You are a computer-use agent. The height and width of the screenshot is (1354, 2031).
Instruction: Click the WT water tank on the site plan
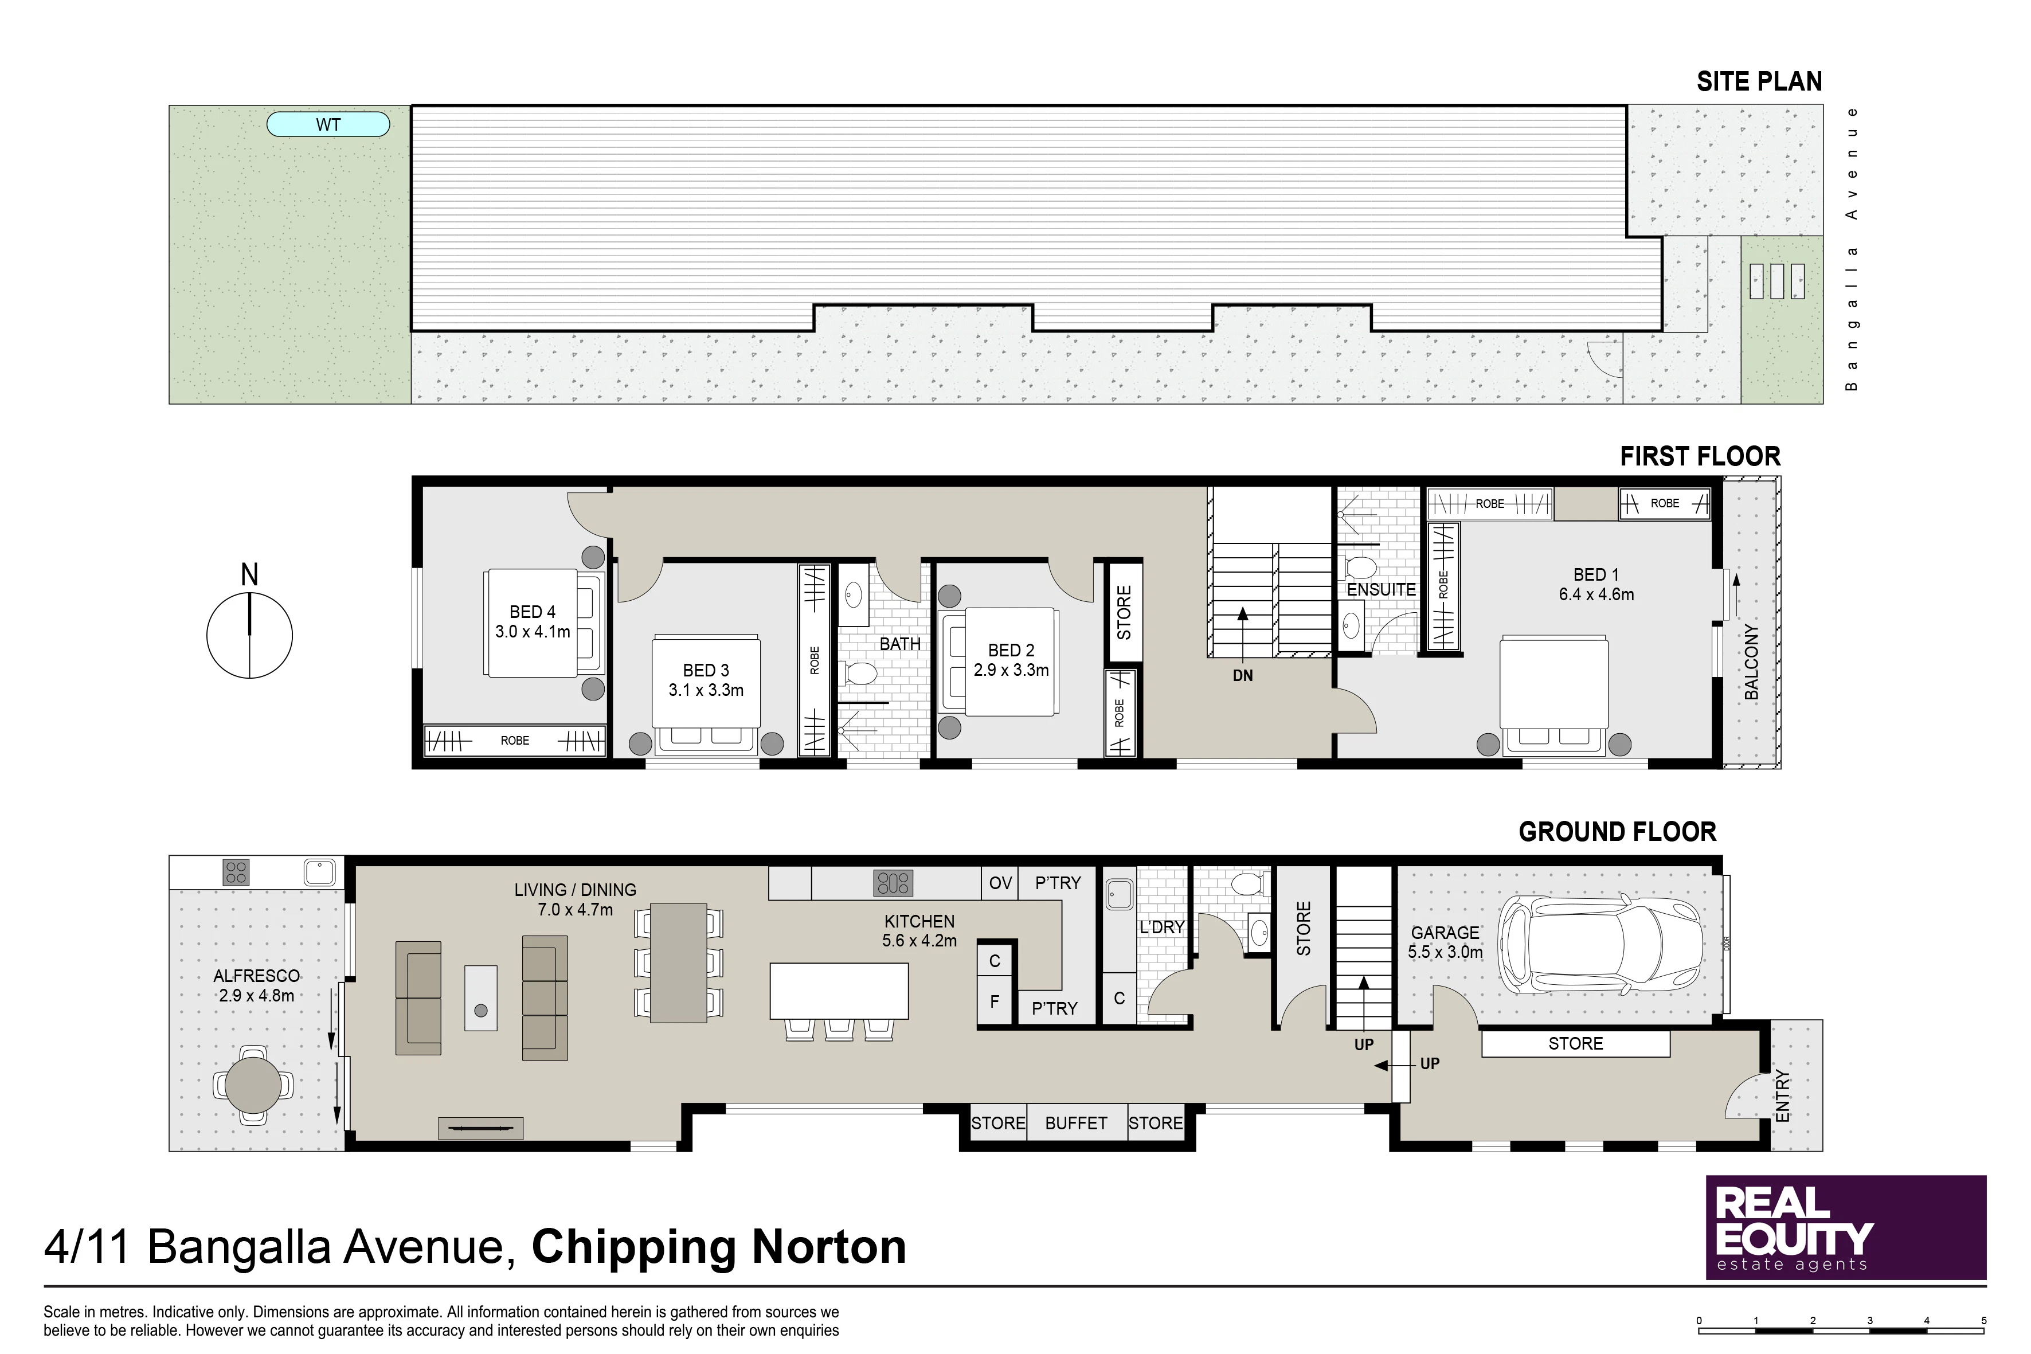328,124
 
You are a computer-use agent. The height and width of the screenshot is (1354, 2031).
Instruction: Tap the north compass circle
249,593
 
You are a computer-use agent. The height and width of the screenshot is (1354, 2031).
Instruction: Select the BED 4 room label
532,612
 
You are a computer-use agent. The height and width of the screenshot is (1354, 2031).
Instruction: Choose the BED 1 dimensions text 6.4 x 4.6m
1596,594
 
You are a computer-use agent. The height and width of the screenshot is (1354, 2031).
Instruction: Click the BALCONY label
1751,662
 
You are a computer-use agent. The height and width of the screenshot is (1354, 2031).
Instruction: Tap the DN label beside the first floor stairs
1243,675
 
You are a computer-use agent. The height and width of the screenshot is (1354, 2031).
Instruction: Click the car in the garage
1600,945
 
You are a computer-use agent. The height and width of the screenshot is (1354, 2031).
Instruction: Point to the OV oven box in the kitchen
1000,883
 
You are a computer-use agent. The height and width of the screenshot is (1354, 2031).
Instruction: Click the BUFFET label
1076,1122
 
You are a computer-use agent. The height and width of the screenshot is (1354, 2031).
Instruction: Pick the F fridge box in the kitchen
995,1001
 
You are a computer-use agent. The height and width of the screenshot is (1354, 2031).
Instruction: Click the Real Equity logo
1846,1227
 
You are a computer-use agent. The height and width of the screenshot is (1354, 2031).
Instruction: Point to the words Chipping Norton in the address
718,1247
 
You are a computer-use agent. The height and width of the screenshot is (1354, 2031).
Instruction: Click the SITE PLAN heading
1759,81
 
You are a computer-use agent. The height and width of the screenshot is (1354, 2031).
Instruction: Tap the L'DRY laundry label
1161,926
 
